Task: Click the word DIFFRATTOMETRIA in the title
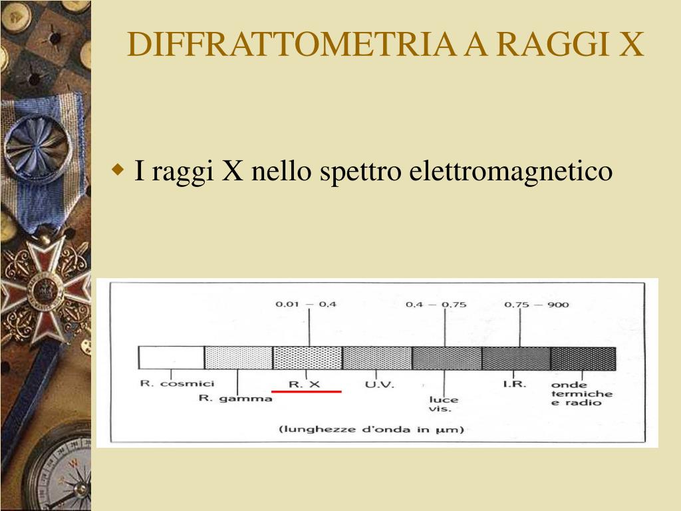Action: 291,45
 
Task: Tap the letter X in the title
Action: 631,45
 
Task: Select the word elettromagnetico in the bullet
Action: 511,171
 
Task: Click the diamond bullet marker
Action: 118,169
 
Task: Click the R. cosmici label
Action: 177,383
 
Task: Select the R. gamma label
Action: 235,398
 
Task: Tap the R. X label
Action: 305,384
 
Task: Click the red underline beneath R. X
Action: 306,391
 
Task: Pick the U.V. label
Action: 380,385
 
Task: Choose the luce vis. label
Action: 444,404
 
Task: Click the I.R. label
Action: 515,384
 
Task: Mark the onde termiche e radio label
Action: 582,394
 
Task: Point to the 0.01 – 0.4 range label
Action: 306,304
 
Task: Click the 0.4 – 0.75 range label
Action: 436,304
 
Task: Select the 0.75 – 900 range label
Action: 537,304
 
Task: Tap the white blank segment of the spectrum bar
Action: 171,357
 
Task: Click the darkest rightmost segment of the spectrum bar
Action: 583,359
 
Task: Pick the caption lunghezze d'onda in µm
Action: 371,430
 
